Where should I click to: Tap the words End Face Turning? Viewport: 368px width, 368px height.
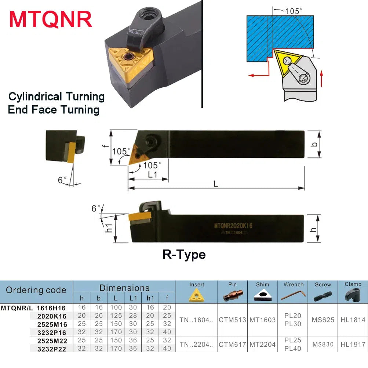pyautogui.click(x=54, y=110)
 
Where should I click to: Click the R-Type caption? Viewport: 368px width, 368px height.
pyautogui.click(x=184, y=254)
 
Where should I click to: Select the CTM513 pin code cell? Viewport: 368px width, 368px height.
pyautogui.click(x=232, y=320)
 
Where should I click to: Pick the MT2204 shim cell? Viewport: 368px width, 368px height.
pyautogui.click(x=262, y=345)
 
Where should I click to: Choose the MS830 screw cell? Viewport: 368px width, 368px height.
pyautogui.click(x=323, y=345)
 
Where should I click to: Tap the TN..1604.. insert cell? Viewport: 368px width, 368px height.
pyautogui.click(x=196, y=320)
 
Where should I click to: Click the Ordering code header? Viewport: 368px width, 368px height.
pyautogui.click(x=36, y=290)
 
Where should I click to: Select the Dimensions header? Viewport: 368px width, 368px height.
pyautogui.click(x=124, y=288)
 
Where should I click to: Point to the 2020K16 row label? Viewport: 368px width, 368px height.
pyautogui.click(x=52, y=316)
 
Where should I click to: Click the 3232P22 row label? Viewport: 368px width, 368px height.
pyautogui.click(x=52, y=349)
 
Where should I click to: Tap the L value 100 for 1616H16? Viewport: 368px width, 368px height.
pyautogui.click(x=116, y=307)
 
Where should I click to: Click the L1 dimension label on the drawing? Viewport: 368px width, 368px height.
pyautogui.click(x=152, y=175)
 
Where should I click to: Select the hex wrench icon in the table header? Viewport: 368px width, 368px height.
pyautogui.click(x=294, y=295)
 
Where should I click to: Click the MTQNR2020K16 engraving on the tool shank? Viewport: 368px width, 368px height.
pyautogui.click(x=233, y=226)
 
